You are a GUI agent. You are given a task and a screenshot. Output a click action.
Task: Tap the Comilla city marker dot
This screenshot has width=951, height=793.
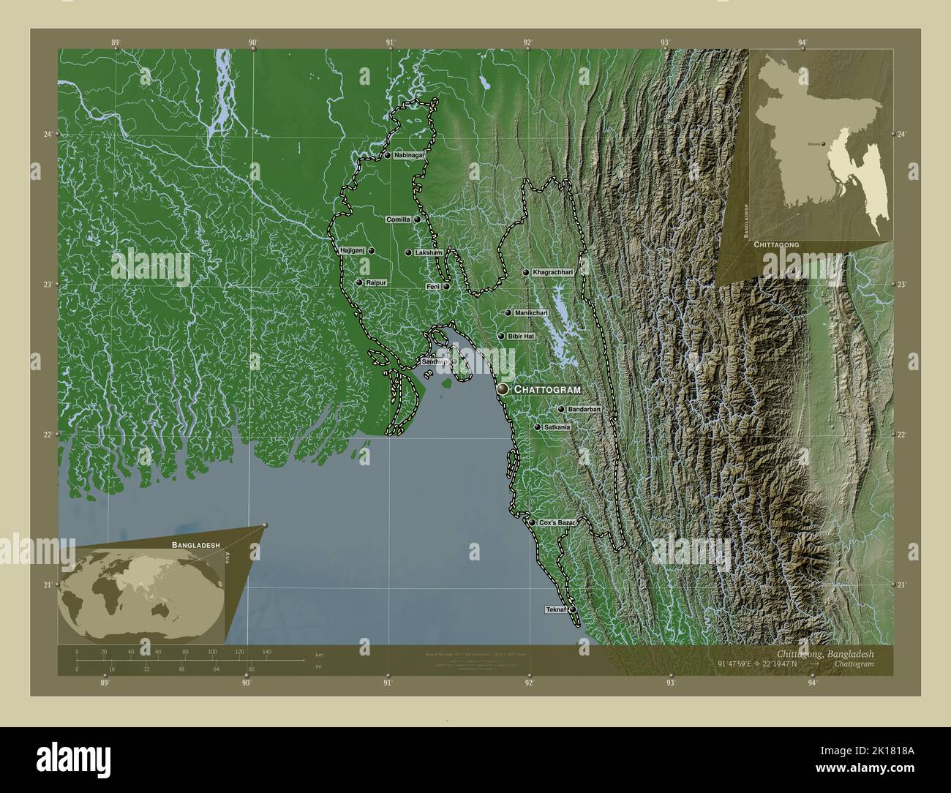tap(417, 219)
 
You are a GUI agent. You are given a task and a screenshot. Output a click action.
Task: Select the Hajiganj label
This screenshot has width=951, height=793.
tap(352, 250)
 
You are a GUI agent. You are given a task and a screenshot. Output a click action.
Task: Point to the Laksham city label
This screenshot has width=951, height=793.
tap(429, 252)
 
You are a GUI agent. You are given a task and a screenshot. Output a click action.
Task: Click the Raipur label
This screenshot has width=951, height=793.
tap(376, 282)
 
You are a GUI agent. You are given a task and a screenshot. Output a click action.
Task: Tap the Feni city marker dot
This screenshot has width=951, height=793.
tap(446, 287)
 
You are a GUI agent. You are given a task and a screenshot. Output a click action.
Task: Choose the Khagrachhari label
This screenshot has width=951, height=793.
tap(553, 272)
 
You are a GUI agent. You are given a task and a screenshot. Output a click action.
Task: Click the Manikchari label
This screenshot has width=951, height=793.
tap(531, 313)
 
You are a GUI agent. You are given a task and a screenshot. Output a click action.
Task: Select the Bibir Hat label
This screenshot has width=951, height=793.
tap(521, 336)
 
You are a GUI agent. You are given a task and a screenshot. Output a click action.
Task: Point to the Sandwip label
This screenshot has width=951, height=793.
tap(434, 362)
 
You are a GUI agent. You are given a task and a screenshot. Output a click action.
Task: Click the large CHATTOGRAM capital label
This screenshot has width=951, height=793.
tap(547, 390)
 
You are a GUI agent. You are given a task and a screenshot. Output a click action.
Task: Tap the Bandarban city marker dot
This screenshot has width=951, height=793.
tap(561, 410)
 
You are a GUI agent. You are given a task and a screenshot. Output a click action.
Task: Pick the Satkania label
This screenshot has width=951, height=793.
tap(557, 426)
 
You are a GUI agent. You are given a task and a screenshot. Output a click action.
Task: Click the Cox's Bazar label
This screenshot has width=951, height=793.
tap(557, 523)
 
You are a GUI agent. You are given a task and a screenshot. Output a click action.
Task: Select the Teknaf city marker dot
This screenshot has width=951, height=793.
tap(573, 609)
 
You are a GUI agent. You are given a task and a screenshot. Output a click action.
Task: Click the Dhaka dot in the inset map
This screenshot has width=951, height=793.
tap(824, 145)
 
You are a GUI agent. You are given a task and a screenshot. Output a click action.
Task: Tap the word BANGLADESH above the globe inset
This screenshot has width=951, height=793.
tap(196, 546)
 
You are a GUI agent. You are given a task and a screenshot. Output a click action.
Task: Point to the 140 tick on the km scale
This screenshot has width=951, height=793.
tap(266, 651)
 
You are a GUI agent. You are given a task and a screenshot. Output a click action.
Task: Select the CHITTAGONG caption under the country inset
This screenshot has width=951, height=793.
tap(775, 243)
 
